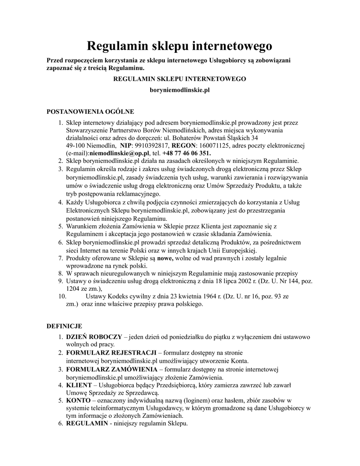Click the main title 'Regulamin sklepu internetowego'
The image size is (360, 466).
pyautogui.click(x=179, y=46)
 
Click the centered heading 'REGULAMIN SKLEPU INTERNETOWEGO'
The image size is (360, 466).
pyautogui.click(x=179, y=79)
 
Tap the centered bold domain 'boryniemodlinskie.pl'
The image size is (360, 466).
pyautogui.click(x=179, y=91)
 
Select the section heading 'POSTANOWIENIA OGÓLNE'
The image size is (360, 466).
pyautogui.click(x=91, y=111)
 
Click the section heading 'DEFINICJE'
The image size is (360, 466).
pyautogui.click(x=65, y=326)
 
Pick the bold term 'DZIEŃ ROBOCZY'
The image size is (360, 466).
pyautogui.click(x=94, y=337)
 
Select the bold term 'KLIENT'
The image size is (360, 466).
pyautogui.click(x=79, y=385)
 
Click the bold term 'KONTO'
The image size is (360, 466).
pyautogui.click(x=78, y=400)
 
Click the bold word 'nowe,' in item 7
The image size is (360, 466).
pyautogui.click(x=165, y=258)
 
